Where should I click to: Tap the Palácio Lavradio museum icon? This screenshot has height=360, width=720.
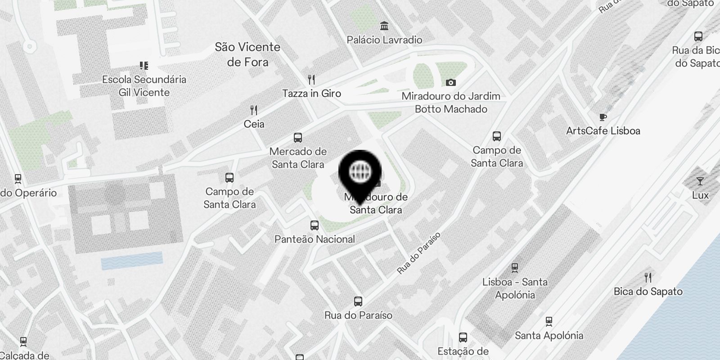click(384, 26)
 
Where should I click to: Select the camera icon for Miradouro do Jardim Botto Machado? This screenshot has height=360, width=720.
click(450, 82)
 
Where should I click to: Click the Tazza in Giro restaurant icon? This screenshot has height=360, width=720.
click(311, 80)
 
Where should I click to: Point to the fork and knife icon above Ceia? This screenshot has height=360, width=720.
click(254, 110)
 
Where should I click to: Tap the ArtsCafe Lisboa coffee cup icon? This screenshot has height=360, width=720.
click(603, 117)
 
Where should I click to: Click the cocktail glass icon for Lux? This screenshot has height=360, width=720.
click(700, 181)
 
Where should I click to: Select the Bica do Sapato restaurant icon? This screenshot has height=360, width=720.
click(648, 277)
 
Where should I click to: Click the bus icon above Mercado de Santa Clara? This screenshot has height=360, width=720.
click(297, 138)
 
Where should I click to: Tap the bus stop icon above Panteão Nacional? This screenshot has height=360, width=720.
click(315, 225)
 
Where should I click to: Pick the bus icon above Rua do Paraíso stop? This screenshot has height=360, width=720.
click(358, 301)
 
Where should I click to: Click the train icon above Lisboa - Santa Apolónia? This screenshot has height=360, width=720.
click(515, 268)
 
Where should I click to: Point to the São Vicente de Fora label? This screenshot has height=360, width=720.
click(247, 54)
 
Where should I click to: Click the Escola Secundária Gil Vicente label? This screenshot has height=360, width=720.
click(144, 86)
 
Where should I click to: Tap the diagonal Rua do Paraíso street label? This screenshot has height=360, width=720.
click(418, 253)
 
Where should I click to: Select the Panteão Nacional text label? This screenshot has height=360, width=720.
click(315, 239)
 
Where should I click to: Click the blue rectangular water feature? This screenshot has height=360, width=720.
click(131, 261)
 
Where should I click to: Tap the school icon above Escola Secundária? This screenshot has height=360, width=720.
click(144, 66)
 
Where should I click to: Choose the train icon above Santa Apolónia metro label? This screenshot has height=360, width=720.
click(549, 321)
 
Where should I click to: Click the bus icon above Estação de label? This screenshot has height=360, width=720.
click(463, 337)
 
